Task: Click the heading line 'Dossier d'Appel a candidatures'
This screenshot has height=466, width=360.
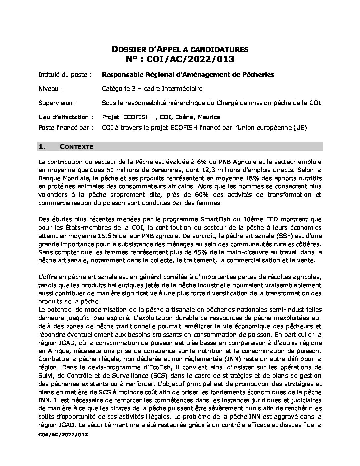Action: click(180, 49)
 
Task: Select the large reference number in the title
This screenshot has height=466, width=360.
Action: click(180, 59)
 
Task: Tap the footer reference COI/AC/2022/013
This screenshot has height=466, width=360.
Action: click(64, 435)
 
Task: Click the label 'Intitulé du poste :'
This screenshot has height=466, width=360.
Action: click(65, 75)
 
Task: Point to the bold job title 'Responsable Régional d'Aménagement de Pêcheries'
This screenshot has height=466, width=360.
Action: click(188, 75)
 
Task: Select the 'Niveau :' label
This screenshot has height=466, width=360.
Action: click(51, 89)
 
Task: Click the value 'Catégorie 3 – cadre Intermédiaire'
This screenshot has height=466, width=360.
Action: click(152, 89)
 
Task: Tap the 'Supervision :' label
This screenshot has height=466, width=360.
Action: click(58, 103)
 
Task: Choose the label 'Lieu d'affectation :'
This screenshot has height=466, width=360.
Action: click(66, 117)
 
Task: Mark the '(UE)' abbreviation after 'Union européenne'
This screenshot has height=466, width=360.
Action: click(300, 128)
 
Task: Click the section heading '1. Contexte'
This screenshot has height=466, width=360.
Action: click(66, 147)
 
